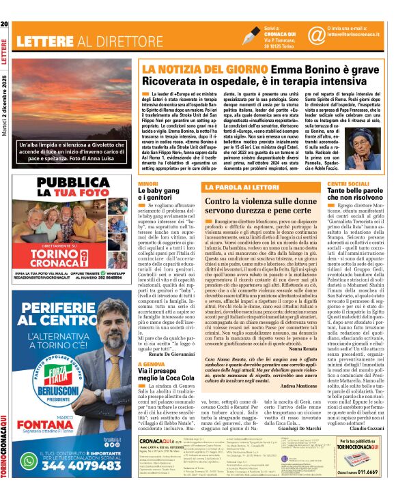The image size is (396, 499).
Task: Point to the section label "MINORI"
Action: pos(148,185)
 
